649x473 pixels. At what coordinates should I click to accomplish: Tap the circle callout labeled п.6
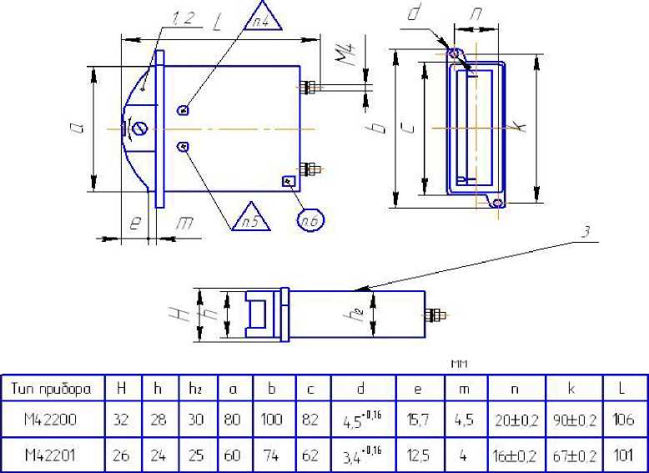point(310,219)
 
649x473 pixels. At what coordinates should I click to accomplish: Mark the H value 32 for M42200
point(121,420)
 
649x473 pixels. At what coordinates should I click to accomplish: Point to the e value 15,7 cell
point(417,420)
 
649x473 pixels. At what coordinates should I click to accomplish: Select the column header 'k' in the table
point(571,388)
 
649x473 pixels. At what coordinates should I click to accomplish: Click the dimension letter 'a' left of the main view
point(76,128)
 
